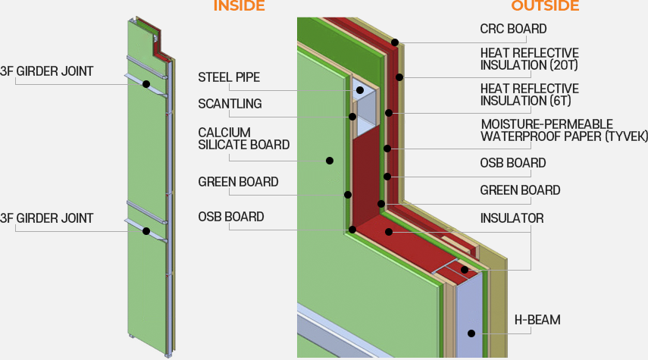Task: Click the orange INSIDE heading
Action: coord(239,6)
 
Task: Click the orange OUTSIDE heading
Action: coord(545,6)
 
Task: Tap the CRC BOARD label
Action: coord(513,30)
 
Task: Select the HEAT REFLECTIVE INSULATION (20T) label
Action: coord(529,59)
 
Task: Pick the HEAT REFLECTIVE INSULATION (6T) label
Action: coord(529,95)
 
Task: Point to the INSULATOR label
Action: coord(512,218)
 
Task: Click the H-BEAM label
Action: coord(537,320)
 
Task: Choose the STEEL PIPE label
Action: coord(229,77)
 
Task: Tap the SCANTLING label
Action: coord(230,104)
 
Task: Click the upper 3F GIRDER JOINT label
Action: coord(47,71)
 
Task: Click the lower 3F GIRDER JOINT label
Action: coord(47,218)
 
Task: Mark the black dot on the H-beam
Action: coord(471,333)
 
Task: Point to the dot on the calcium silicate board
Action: coord(330,160)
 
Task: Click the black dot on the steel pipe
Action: coord(359,91)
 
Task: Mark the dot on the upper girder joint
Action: coord(146,83)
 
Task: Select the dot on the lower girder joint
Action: coord(146,230)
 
